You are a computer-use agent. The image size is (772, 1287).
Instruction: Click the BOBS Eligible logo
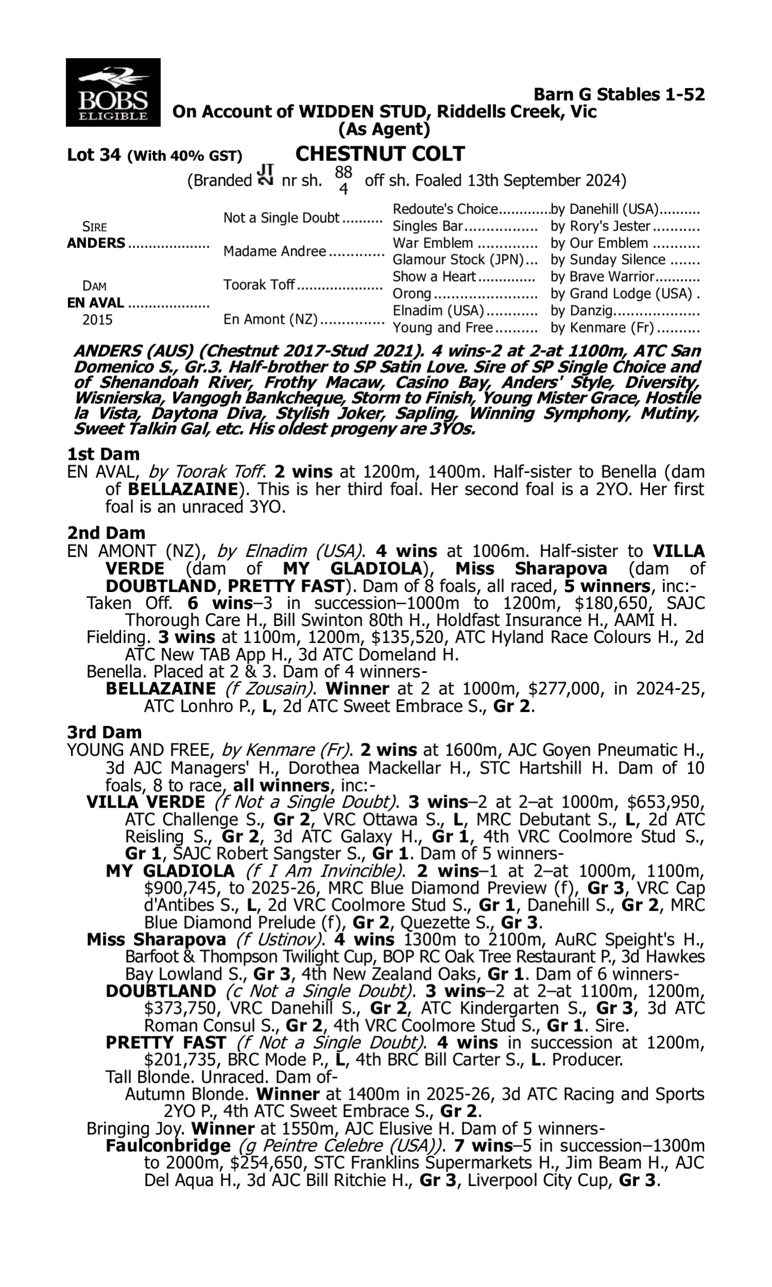[113, 92]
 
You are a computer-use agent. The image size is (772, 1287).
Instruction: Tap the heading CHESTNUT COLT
[380, 154]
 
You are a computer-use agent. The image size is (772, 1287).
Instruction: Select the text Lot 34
[94, 155]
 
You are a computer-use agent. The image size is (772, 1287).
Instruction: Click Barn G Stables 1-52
[619, 95]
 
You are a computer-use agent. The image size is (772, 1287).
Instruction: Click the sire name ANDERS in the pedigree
[96, 243]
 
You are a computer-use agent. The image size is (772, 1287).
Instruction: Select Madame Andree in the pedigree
[274, 251]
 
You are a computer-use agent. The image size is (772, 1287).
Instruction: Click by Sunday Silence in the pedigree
[608, 259]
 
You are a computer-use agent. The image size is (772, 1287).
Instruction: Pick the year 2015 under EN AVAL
[97, 319]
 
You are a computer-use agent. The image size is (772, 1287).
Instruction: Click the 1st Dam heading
[103, 454]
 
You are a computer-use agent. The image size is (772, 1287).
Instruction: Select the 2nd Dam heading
[106, 533]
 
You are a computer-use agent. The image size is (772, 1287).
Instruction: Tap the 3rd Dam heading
[104, 732]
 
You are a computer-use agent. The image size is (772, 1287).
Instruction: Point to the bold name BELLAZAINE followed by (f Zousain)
[160, 689]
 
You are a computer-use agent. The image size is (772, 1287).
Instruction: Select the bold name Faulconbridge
[168, 1145]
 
